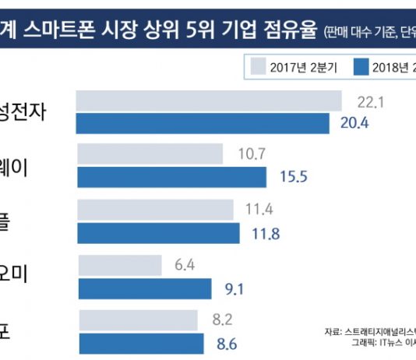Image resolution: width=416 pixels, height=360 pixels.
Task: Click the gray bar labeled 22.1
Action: point(209,101)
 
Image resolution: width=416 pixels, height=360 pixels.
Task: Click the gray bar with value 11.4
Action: point(155,210)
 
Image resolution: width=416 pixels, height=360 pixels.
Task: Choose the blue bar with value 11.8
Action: point(156,233)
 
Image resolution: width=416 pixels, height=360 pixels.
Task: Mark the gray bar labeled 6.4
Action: point(118,266)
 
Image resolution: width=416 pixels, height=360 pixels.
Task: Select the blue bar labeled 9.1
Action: point(143,289)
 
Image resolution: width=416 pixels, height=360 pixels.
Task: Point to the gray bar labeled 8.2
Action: point(137,319)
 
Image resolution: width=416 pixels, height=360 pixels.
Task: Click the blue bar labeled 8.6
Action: point(139,342)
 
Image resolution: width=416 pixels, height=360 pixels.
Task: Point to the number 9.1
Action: point(233,289)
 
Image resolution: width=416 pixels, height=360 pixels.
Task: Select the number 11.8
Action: point(263,233)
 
